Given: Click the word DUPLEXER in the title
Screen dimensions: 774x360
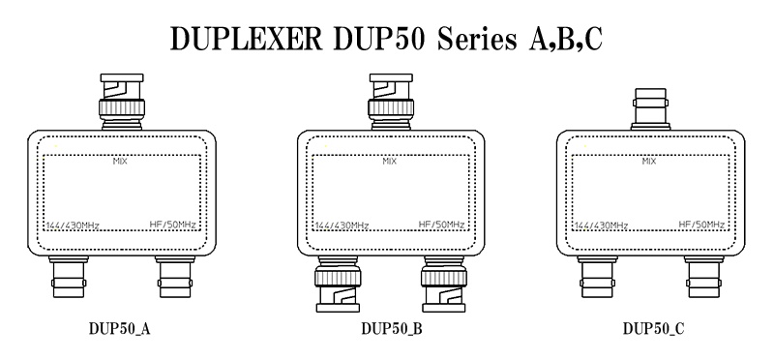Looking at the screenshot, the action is click(246, 39).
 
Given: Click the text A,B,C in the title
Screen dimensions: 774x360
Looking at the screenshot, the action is click(566, 40).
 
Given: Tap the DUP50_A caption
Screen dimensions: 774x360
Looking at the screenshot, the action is click(119, 329).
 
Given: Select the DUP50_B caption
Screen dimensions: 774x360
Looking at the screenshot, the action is click(392, 329).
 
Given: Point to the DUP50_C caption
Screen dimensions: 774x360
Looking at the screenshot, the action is click(654, 329).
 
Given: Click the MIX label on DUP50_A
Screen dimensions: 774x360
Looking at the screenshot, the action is click(120, 162).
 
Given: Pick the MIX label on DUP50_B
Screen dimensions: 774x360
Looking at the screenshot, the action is click(390, 162).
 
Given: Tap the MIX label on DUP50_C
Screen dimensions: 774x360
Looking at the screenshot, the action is click(649, 162).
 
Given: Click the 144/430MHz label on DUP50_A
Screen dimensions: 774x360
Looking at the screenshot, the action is click(73, 225).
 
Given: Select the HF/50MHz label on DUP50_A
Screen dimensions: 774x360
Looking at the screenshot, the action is click(173, 225).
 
